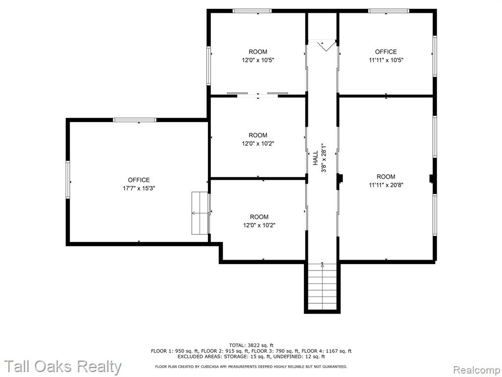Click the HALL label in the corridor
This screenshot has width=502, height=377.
316,158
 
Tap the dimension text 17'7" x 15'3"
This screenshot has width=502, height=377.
139,188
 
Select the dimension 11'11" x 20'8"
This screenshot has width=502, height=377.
386,185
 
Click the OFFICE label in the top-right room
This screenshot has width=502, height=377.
386,52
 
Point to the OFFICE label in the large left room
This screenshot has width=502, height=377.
139,180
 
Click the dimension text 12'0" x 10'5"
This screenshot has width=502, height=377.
258,60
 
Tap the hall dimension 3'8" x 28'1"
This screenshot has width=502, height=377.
324,158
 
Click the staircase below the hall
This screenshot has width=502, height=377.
322,287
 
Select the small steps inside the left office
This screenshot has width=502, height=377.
201,213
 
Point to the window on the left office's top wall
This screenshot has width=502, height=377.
134,120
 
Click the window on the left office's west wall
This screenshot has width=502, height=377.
68,179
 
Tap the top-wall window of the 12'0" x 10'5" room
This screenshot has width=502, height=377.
252,11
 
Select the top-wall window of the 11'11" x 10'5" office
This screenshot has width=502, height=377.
388,11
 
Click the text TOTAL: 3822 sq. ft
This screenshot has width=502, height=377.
251,345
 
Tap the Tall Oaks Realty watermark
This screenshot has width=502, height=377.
63,366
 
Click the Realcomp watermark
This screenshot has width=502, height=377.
476,370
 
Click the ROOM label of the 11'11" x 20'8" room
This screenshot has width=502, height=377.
386,176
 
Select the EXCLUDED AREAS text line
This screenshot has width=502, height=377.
251,356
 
